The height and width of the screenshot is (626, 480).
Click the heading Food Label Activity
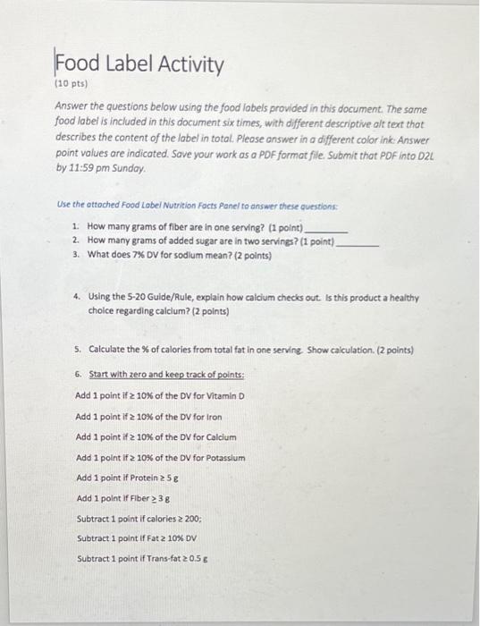[139, 64]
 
